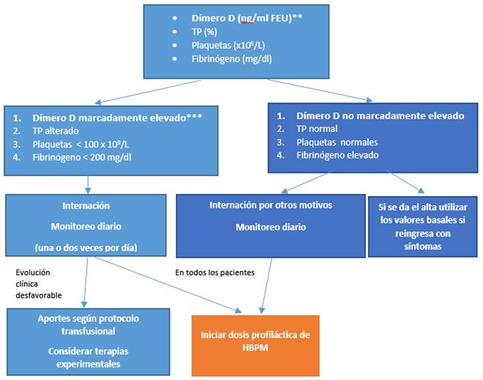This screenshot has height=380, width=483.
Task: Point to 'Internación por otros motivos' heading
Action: tap(271, 205)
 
